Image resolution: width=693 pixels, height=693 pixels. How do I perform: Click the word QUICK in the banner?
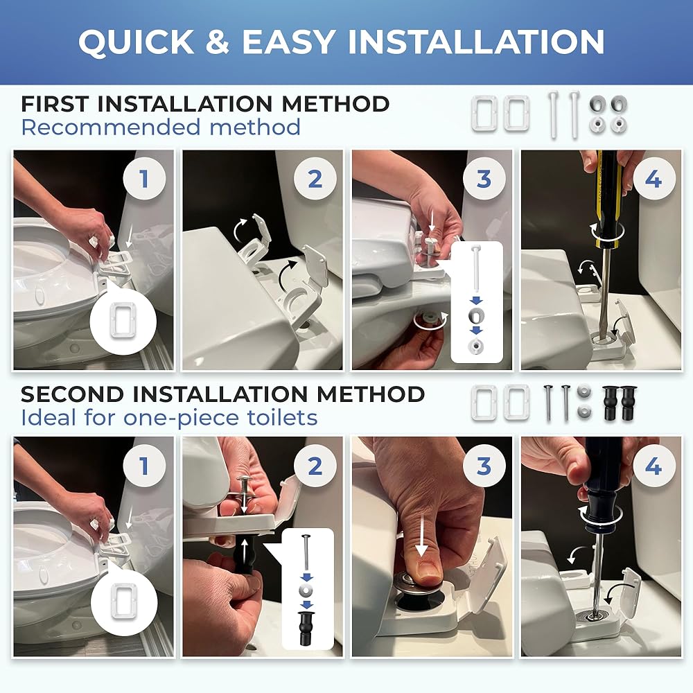coord(136,42)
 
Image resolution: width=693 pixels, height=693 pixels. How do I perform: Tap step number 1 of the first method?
coord(144,179)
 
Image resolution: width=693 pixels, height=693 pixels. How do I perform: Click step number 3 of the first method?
coord(484,179)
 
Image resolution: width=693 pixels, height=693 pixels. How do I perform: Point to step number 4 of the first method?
coord(653,179)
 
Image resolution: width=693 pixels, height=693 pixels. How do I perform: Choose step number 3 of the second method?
coord(484,466)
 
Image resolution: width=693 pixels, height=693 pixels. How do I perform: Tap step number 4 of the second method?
coord(653,466)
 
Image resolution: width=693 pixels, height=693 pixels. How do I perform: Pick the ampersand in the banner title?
coord(218,42)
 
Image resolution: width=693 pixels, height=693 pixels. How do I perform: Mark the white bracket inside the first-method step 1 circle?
coord(123,320)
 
